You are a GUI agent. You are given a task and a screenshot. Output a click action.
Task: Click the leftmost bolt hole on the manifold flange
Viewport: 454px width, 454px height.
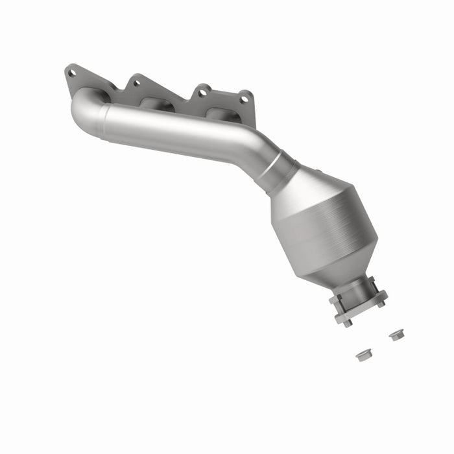(x=71, y=73)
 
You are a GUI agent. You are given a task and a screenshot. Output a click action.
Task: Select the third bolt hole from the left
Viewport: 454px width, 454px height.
(x=203, y=92)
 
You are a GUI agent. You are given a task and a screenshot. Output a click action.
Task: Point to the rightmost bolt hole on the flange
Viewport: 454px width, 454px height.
(x=245, y=99)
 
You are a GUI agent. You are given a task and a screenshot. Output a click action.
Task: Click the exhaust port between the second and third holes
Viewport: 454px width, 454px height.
(x=154, y=104)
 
